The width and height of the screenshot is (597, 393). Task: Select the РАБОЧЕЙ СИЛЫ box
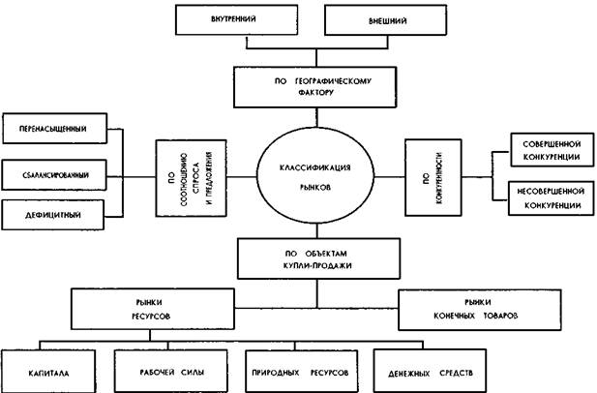pyautogui.click(x=168, y=369)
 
